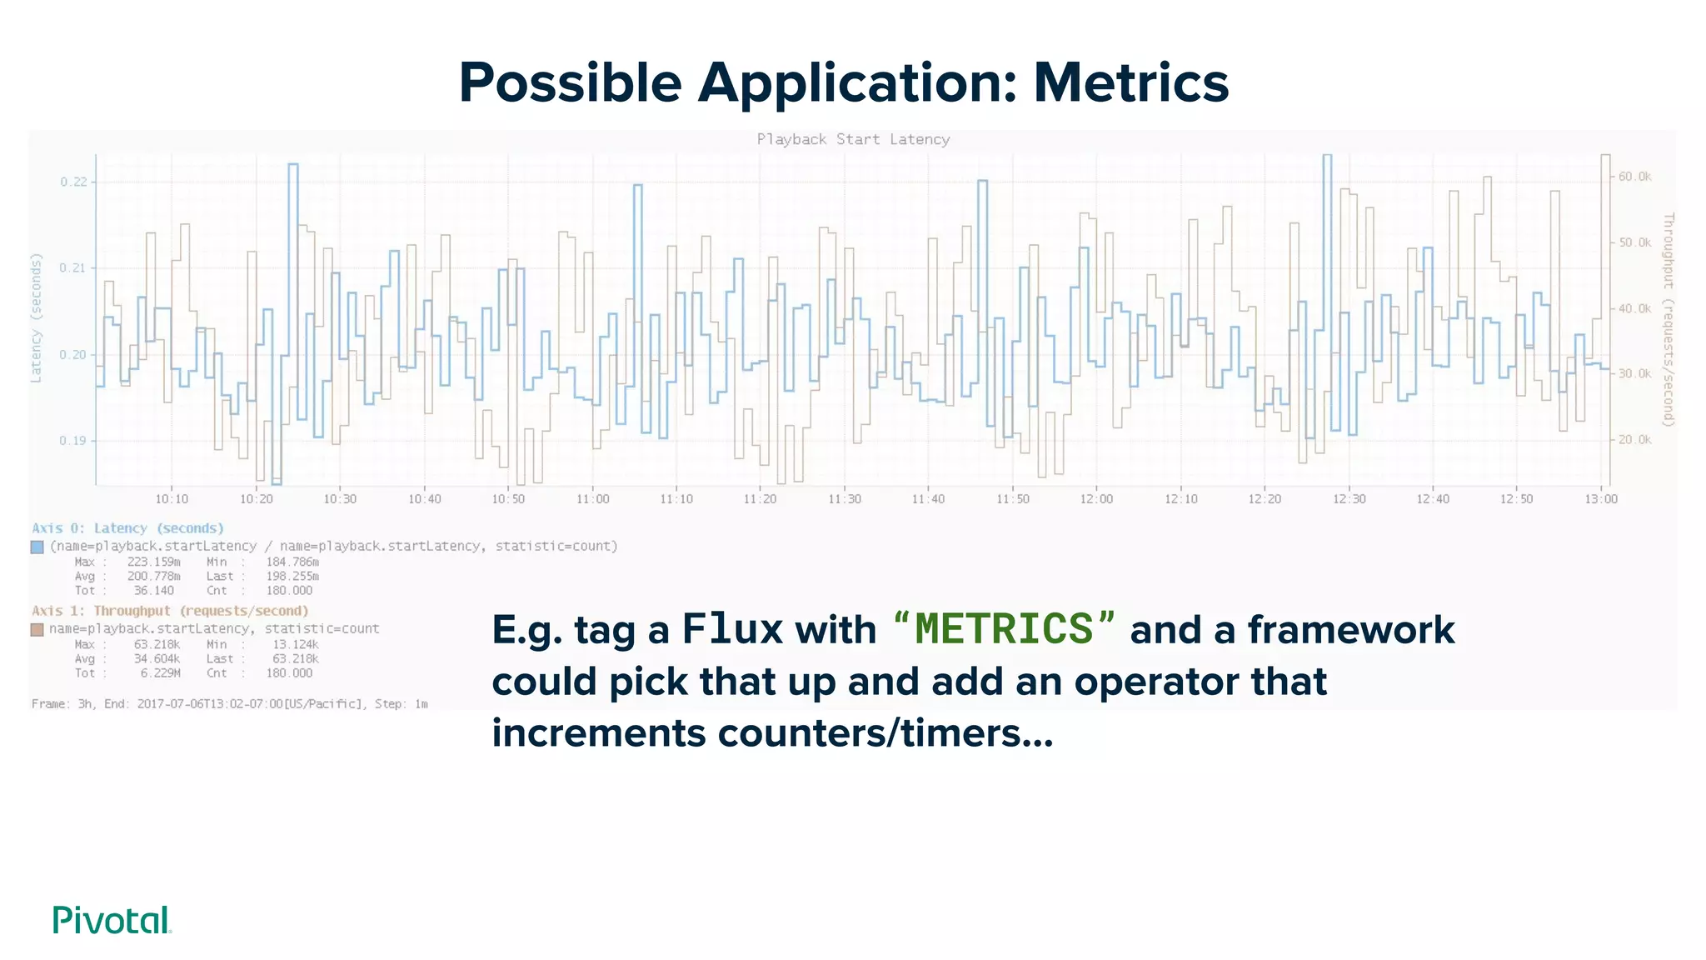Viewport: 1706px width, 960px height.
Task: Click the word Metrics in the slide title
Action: click(x=1130, y=83)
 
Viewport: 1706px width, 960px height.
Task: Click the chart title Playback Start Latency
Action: click(x=853, y=139)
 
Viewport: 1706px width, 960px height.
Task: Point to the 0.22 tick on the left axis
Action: click(x=73, y=182)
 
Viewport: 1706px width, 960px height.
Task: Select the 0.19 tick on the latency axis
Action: click(x=73, y=441)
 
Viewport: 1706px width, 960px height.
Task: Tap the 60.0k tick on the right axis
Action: click(x=1634, y=177)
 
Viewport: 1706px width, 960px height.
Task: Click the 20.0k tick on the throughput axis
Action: click(x=1634, y=440)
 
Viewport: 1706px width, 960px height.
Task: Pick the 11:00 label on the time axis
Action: click(x=592, y=499)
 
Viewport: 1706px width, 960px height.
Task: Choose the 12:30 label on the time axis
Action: click(x=1349, y=499)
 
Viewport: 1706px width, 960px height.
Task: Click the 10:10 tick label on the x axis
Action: click(x=172, y=499)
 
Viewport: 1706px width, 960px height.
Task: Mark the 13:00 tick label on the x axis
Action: click(x=1600, y=499)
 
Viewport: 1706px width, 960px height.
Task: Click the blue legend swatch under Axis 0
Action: click(x=37, y=547)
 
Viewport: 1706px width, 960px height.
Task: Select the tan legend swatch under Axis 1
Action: click(x=37, y=629)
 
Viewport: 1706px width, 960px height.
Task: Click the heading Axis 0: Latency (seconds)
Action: click(x=127, y=528)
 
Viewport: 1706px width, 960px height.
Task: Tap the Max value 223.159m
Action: click(x=153, y=562)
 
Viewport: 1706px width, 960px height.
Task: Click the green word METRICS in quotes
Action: click(x=1003, y=629)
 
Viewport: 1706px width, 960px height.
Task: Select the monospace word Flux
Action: click(x=732, y=629)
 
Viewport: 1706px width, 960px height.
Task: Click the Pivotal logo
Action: click(x=112, y=920)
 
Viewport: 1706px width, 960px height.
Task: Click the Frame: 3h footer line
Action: click(x=229, y=704)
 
